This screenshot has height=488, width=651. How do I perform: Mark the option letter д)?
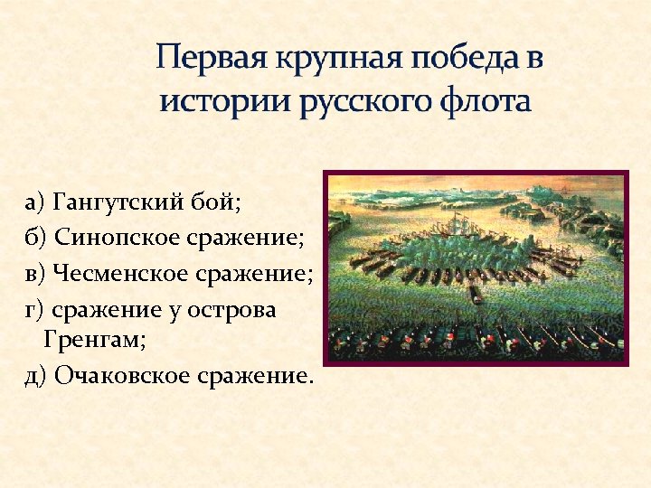tap(35, 374)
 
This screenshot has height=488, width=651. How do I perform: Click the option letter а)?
tap(35, 200)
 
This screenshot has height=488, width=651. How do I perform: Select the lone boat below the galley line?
tap(474, 296)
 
